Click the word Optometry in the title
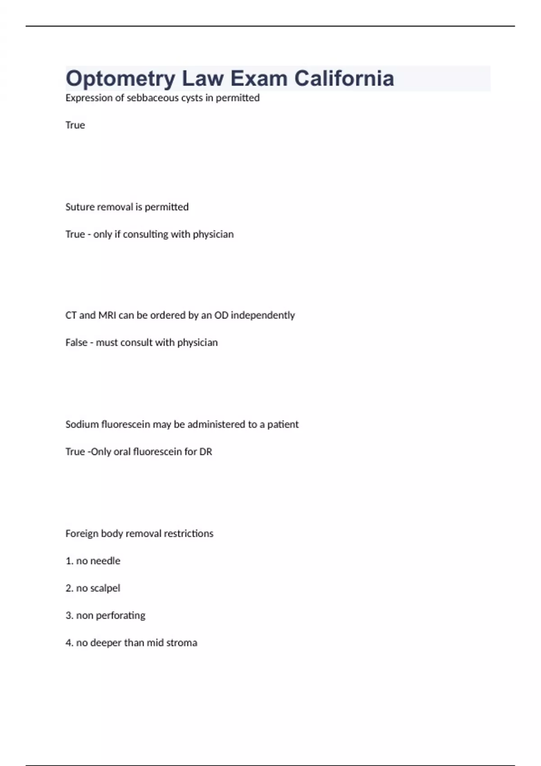[120, 79]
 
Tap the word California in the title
[344, 78]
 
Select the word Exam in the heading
[259, 78]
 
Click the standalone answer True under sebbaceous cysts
[75, 125]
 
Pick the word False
[76, 342]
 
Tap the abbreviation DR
[206, 451]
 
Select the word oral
[122, 451]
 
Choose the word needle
[105, 561]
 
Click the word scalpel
[105, 588]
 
